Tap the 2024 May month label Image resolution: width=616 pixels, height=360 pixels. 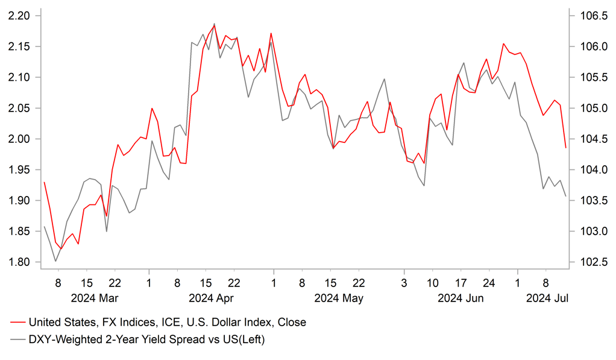338,298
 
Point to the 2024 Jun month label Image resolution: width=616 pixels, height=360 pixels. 462,298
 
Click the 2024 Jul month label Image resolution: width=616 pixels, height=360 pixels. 547,298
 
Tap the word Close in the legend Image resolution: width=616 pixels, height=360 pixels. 292,323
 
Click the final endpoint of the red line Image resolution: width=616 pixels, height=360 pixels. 565,148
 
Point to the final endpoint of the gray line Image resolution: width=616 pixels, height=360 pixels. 565,197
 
